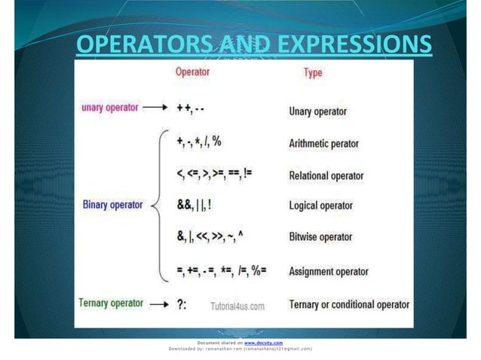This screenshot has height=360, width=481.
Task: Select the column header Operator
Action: [192, 72]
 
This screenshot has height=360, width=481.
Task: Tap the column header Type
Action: [313, 73]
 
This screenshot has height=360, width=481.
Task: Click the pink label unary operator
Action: [110, 108]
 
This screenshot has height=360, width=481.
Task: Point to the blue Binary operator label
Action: [112, 203]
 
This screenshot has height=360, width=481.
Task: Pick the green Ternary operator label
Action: [111, 303]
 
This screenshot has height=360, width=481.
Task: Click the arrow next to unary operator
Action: [155, 108]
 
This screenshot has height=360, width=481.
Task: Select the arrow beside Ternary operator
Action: [159, 304]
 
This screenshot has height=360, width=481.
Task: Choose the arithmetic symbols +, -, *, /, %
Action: [199, 142]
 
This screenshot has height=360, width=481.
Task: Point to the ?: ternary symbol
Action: [182, 305]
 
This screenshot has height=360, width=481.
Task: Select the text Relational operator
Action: [326, 175]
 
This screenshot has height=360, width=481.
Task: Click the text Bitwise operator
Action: [320, 237]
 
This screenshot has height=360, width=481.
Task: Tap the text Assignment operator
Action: [329, 271]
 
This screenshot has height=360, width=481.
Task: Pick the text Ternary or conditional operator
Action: [349, 305]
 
